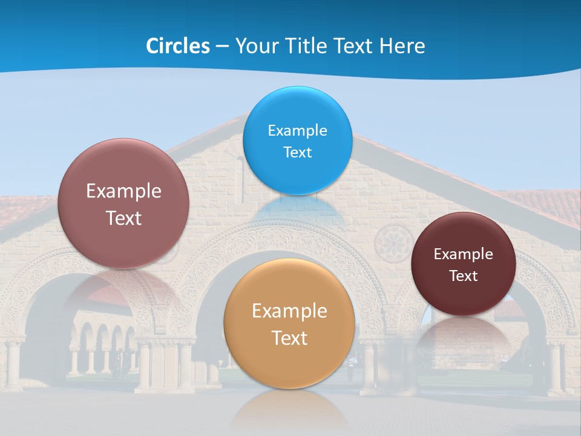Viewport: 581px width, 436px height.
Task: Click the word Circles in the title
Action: (x=178, y=46)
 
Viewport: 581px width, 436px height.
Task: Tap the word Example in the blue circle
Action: (x=297, y=131)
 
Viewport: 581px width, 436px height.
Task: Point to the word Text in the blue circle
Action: (x=297, y=153)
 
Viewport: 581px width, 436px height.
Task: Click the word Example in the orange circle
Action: (x=289, y=311)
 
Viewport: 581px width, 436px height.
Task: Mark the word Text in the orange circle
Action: (x=289, y=338)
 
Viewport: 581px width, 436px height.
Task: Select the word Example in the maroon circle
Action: (x=464, y=254)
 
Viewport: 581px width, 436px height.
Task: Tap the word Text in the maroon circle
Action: (x=464, y=276)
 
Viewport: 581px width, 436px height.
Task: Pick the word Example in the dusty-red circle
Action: (x=123, y=191)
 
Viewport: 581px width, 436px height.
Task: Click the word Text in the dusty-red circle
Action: (x=123, y=218)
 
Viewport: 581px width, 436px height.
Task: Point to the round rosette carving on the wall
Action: (x=389, y=244)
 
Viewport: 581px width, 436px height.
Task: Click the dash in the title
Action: (x=222, y=46)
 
